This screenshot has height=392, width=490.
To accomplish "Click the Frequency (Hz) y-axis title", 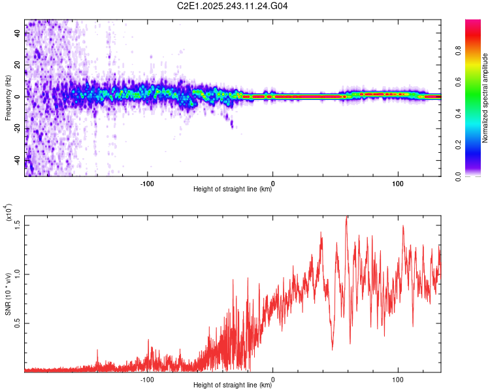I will (8, 98).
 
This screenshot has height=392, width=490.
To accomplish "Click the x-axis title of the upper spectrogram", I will (233, 189).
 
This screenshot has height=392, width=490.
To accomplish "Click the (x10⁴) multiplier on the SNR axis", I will (8, 214).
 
